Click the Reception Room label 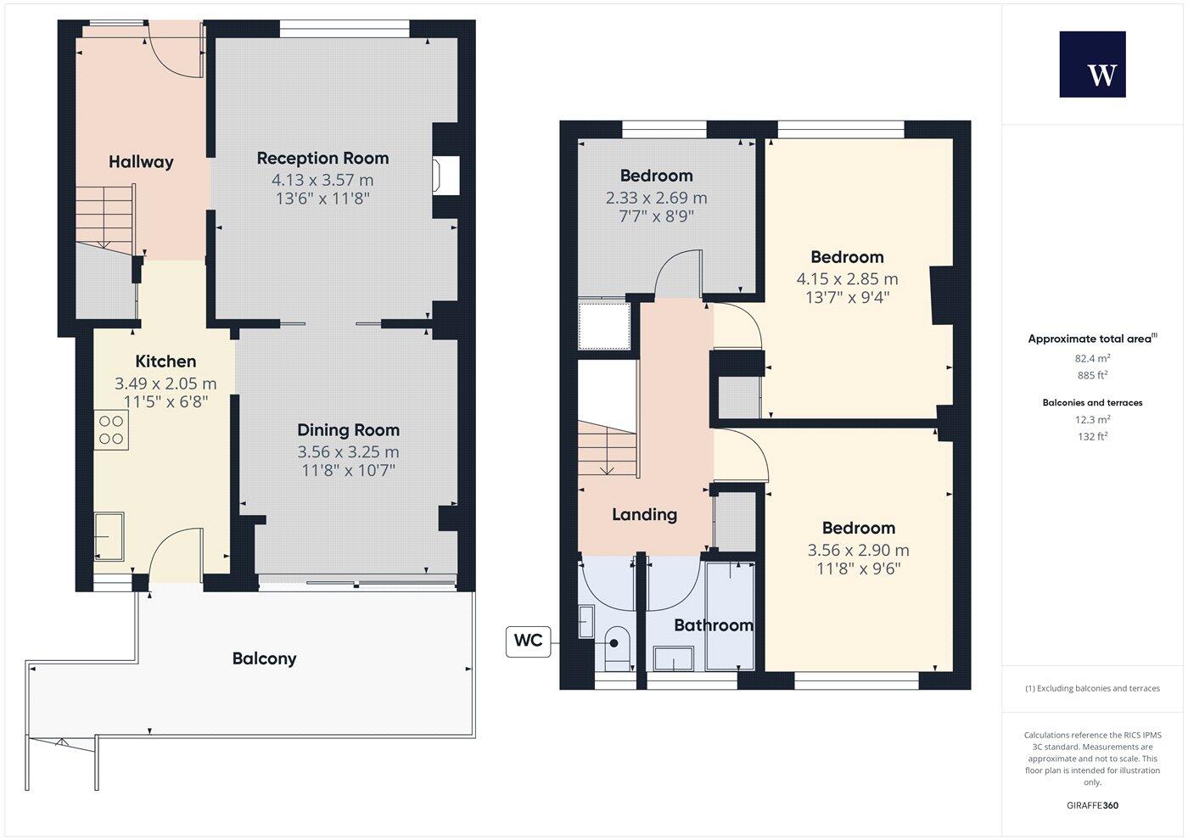(322, 159)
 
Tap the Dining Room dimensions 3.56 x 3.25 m (348, 452)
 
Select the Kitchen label (165, 361)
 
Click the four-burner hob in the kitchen (111, 429)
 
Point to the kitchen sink (109, 536)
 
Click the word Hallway (141, 162)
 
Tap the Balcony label (264, 658)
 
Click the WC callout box (528, 641)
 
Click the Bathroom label (713, 625)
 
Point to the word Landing (644, 514)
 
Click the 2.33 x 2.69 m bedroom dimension (656, 198)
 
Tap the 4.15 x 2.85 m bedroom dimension (847, 279)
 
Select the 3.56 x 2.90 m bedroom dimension (858, 550)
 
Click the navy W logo (1092, 64)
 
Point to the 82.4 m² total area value (1091, 359)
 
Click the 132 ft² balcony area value (1092, 437)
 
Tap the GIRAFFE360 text (1092, 805)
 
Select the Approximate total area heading (1091, 339)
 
